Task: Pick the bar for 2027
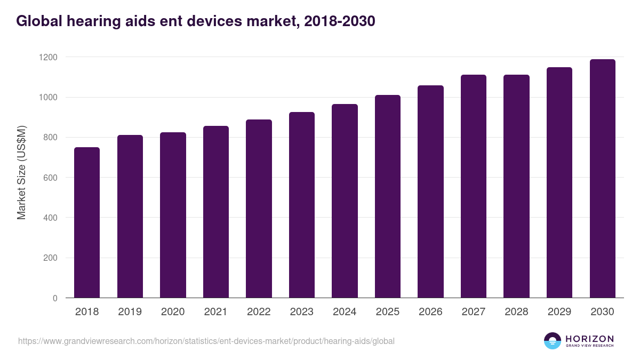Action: [x=474, y=186]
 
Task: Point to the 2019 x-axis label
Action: [x=130, y=312]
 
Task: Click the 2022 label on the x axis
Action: [x=259, y=312]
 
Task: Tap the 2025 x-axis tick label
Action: [x=388, y=312]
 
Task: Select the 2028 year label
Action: [x=516, y=312]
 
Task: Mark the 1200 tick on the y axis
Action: [x=49, y=57]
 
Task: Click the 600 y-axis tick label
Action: [x=51, y=178]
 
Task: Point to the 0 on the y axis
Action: [x=55, y=298]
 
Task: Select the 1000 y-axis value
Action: [x=49, y=97]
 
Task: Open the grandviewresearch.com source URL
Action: [x=206, y=341]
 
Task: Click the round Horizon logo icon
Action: [x=553, y=341]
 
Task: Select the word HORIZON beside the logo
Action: [x=589, y=339]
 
